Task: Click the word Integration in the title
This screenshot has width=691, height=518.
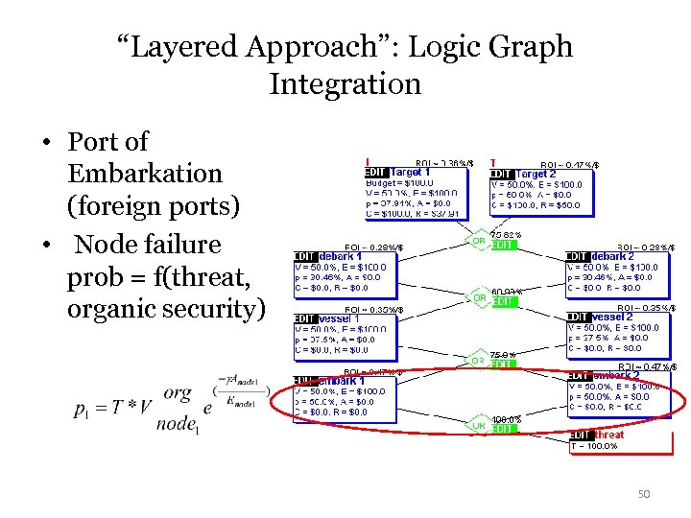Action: [345, 83]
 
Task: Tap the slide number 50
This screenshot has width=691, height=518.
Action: [645, 494]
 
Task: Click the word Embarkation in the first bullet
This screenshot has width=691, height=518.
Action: [145, 174]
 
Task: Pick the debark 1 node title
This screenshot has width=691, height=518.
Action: [341, 256]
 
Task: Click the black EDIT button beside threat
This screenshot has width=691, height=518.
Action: [580, 435]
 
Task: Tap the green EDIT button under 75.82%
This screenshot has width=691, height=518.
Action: [504, 246]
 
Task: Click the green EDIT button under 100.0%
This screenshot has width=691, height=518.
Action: [504, 429]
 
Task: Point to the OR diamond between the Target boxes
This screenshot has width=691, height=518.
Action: [476, 240]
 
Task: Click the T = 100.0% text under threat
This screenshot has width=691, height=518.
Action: [595, 447]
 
